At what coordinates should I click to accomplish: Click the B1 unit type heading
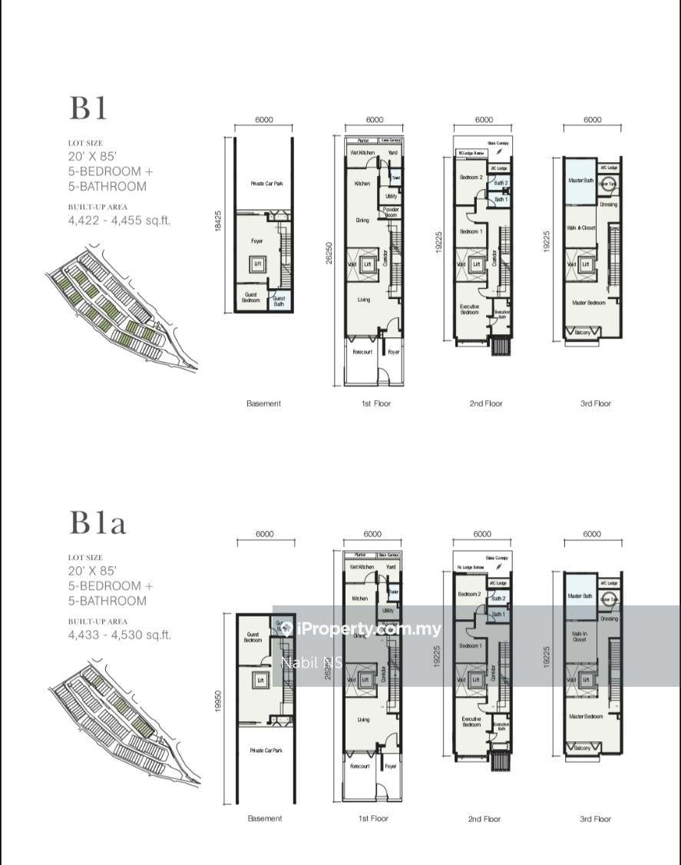89,108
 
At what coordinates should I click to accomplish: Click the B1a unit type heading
98,523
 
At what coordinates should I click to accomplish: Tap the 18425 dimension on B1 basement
219,225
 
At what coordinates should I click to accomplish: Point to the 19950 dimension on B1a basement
220,699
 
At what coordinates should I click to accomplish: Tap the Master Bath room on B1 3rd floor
581,181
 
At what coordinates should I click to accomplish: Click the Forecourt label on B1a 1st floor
359,766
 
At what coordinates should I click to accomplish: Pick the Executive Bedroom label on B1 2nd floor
469,310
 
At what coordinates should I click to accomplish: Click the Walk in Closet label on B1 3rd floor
581,227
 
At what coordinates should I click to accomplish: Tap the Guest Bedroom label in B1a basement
253,637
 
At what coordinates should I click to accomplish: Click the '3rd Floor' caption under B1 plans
595,403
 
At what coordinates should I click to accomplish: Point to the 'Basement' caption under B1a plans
264,819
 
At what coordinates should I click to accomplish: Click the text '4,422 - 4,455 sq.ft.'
119,220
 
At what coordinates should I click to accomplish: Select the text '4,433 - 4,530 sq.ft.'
119,635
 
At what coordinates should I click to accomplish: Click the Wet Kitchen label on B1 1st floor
362,153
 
